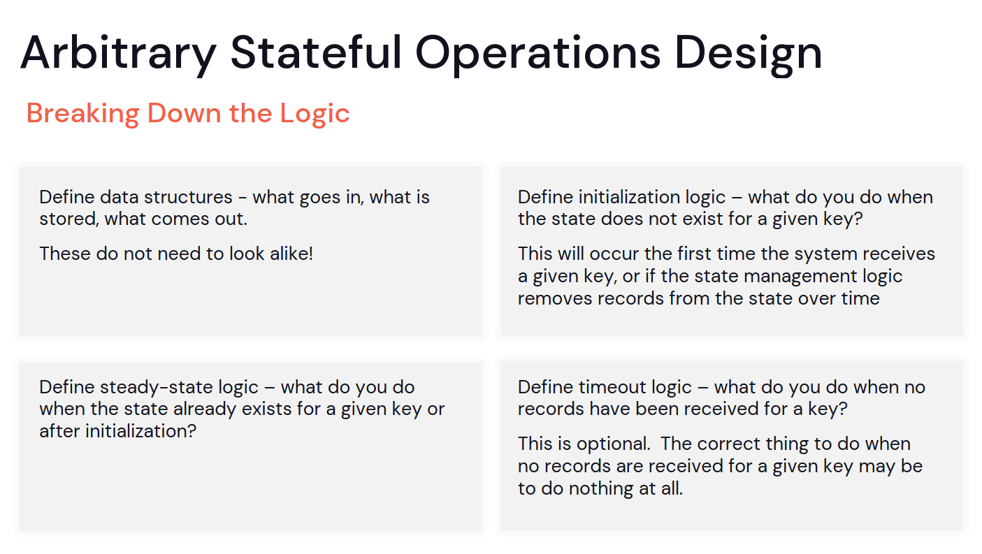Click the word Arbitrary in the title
(118, 54)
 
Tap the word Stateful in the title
(316, 52)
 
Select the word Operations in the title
(537, 54)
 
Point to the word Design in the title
(749, 54)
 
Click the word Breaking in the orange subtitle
(83, 114)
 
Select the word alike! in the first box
(291, 254)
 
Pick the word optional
(613, 444)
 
